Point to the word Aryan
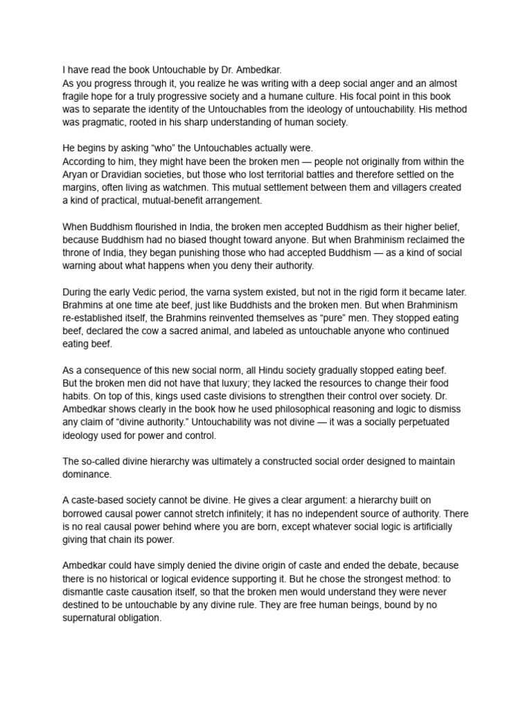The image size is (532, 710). click(76, 174)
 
